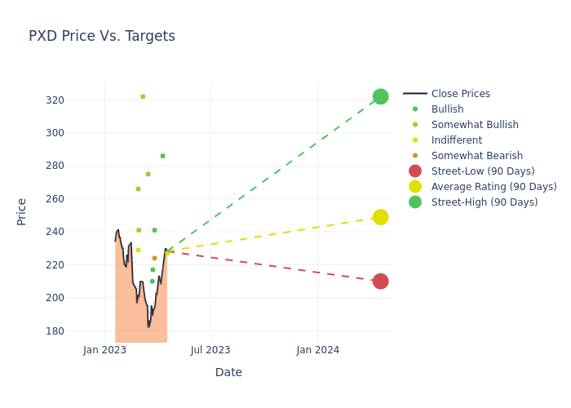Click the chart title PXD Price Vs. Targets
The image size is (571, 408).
(102, 37)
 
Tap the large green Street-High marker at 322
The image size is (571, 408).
(380, 96)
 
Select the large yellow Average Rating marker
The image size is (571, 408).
(380, 217)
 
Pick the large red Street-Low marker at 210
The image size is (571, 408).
(380, 282)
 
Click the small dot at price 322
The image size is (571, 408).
(143, 96)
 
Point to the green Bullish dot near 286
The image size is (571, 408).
(162, 156)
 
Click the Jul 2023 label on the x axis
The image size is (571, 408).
(210, 350)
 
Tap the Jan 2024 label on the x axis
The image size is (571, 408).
(318, 350)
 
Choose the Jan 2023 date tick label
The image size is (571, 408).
(104, 350)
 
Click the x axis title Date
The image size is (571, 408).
(228, 373)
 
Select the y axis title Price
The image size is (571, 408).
(22, 211)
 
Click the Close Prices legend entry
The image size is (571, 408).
(460, 94)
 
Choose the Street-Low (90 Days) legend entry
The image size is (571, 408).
(482, 171)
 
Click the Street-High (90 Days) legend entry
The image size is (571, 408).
(484, 202)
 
